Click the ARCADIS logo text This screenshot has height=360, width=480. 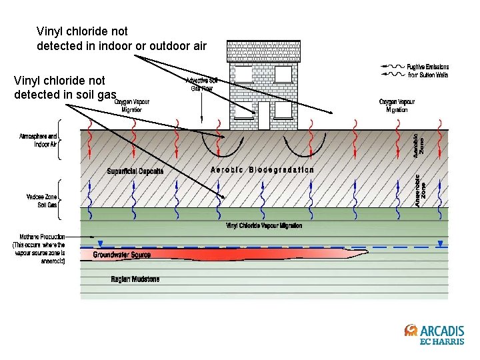tap(442, 331)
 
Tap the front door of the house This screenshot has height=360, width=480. tap(264, 115)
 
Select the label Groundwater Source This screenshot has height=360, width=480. tap(121, 255)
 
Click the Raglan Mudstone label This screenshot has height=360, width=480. tap(135, 279)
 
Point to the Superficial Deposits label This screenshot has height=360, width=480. tap(135, 171)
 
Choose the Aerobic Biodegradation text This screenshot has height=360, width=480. tap(262, 170)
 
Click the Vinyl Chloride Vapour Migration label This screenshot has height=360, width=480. tap(264, 226)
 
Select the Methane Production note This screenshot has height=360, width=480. tap(39, 248)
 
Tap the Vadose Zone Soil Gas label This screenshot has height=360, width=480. tap(41, 201)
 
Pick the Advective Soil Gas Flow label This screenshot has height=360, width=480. tap(201, 84)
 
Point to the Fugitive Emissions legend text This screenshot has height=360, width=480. tap(428, 71)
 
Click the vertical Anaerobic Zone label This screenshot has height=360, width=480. tap(420, 190)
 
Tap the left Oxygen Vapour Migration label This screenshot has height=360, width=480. tap(131, 106)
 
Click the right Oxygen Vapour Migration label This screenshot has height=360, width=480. tap(397, 105)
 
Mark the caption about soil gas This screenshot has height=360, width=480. tap(65, 87)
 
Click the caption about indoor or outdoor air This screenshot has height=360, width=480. tap(121, 39)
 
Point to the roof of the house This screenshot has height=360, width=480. tap(263, 51)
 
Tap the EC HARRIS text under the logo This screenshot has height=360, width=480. tap(442, 342)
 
